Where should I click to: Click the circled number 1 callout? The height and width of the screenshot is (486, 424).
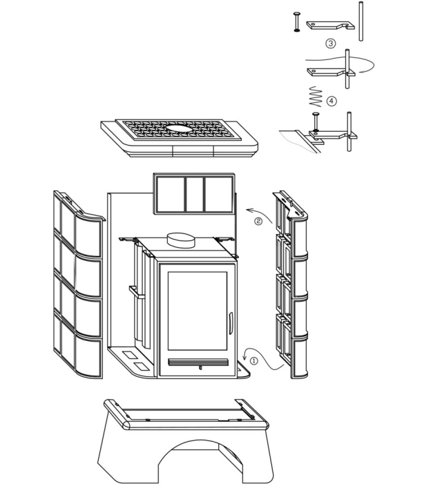253,361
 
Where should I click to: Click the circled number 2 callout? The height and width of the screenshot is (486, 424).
258,222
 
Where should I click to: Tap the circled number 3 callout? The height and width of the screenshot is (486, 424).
330,43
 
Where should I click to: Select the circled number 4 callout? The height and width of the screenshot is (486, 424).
331,101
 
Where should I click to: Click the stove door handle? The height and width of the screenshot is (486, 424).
230,323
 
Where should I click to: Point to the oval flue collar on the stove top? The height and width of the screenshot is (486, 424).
181,240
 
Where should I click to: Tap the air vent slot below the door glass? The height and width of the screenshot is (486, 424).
198,362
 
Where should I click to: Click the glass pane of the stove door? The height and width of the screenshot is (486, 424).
197,311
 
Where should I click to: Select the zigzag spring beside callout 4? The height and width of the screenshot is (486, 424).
316,97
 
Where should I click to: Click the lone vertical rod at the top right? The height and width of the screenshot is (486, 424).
360,21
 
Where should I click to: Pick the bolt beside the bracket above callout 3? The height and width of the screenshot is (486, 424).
297,21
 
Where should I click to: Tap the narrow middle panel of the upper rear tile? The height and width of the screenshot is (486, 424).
195,195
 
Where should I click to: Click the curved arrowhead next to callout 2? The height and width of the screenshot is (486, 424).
249,211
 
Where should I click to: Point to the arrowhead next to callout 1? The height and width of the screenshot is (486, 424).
244,358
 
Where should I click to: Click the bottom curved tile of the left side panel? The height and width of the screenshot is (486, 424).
88,358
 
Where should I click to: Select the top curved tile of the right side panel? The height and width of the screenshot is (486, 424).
300,237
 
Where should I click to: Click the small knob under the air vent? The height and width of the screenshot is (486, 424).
200,368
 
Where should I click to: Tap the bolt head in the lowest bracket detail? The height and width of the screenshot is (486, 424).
316,115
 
